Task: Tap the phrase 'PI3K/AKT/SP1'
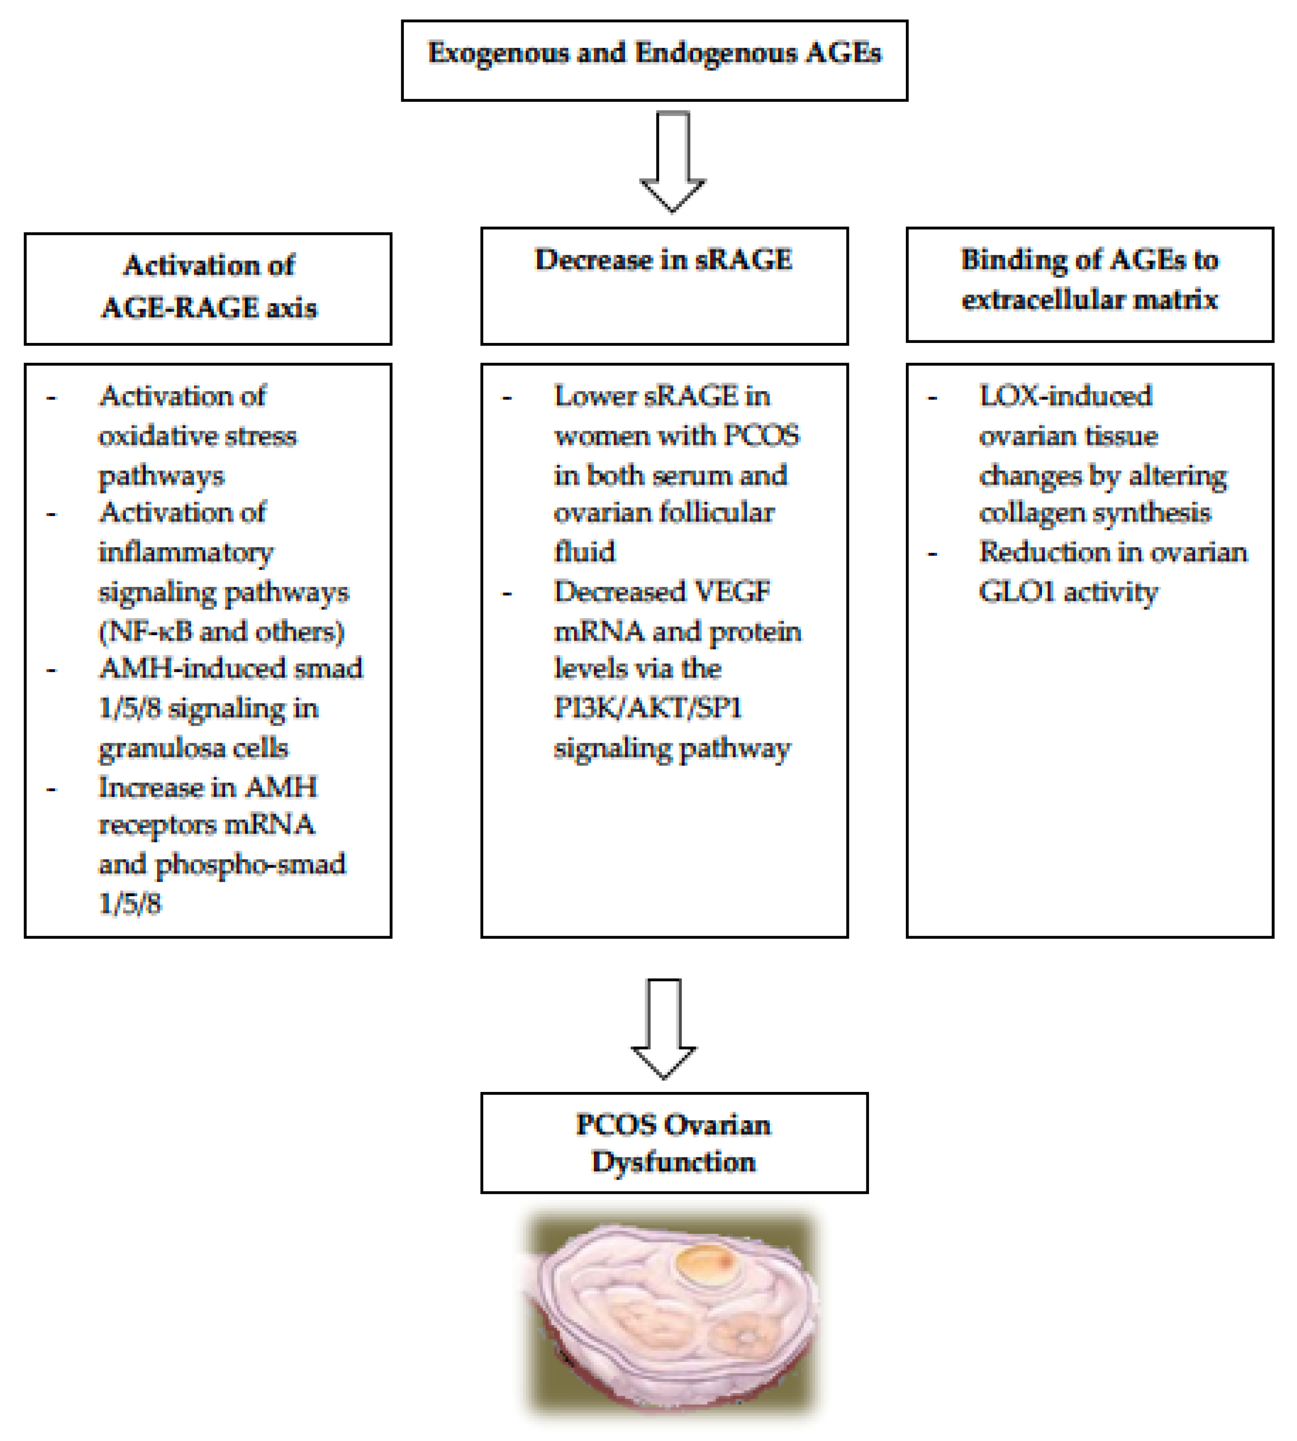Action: coord(648,708)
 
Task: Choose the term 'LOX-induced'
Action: coord(1065,396)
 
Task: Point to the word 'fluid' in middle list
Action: coord(584,552)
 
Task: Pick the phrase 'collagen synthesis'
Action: coord(1095,513)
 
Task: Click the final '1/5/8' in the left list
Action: coord(130,904)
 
